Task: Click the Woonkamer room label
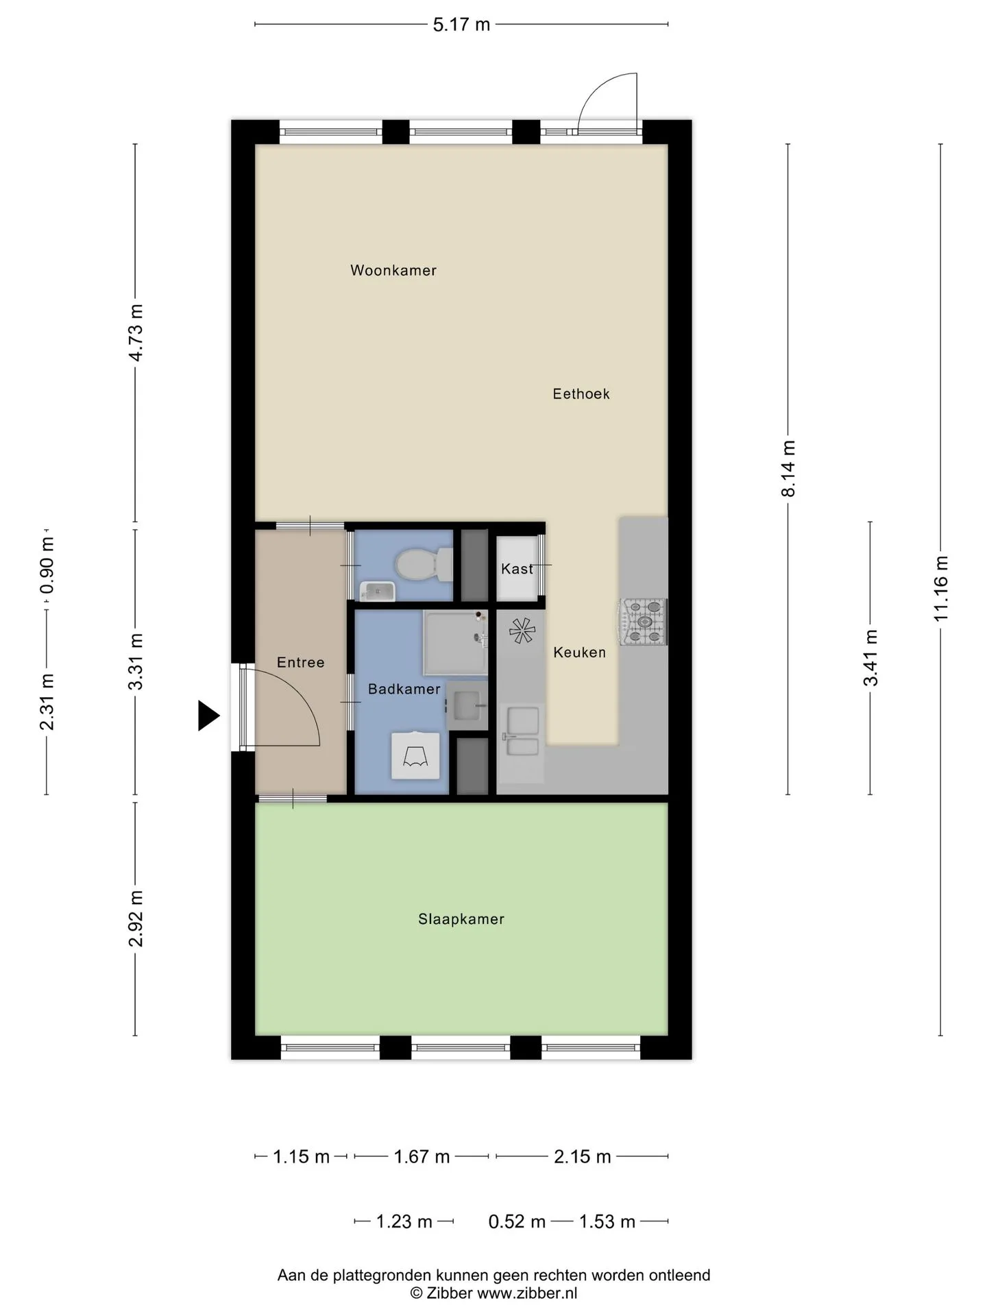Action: pyautogui.click(x=393, y=270)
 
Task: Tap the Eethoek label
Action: pyautogui.click(x=581, y=393)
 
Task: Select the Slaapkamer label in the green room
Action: pyautogui.click(x=461, y=919)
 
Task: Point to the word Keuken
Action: pyautogui.click(x=580, y=653)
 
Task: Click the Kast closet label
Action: pyautogui.click(x=517, y=568)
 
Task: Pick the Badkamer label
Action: pyautogui.click(x=404, y=689)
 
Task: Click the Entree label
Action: pyautogui.click(x=301, y=662)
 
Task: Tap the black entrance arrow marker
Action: pyautogui.click(x=208, y=716)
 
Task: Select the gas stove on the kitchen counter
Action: pyautogui.click(x=644, y=622)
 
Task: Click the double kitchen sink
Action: pyautogui.click(x=522, y=731)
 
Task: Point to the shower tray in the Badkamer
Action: pyautogui.click(x=456, y=642)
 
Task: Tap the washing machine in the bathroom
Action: pyautogui.click(x=415, y=755)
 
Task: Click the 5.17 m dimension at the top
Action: pyautogui.click(x=461, y=25)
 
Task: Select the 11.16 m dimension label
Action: pyautogui.click(x=940, y=589)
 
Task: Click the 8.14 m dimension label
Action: pyautogui.click(x=788, y=469)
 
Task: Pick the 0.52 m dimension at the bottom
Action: pyautogui.click(x=517, y=1221)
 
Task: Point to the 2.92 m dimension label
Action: pyautogui.click(x=136, y=918)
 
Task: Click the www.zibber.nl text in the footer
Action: pyautogui.click(x=527, y=1293)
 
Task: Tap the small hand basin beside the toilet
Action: pyautogui.click(x=378, y=591)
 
